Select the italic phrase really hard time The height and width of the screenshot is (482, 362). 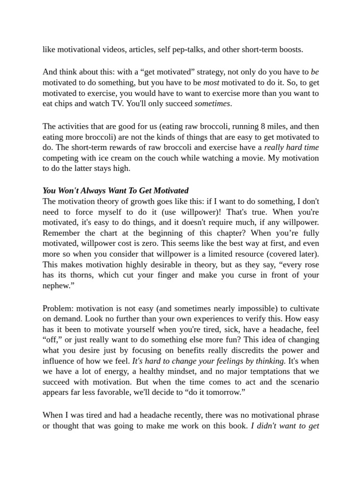[291, 147]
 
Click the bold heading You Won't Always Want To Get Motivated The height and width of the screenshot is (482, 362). [115, 191]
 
